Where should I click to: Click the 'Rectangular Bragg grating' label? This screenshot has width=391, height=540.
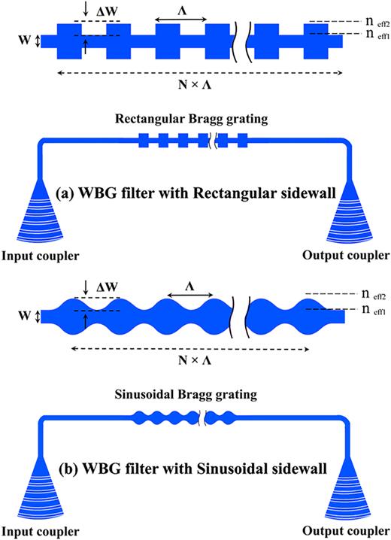tap(194, 120)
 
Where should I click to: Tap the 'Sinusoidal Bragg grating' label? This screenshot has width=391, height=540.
tap(194, 393)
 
